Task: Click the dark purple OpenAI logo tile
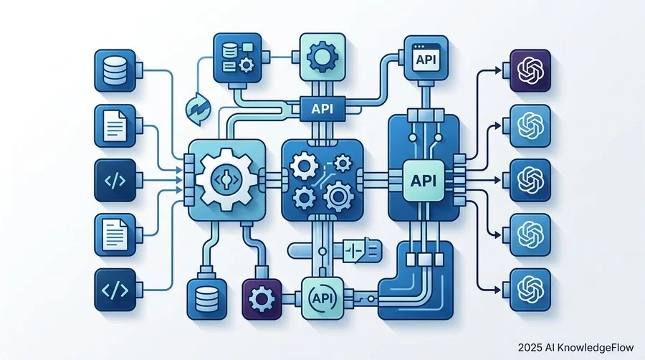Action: click(530, 70)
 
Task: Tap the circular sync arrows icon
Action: click(199, 109)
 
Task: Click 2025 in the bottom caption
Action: click(530, 348)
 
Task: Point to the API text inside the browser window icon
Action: click(426, 60)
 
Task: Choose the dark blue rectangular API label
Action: click(322, 108)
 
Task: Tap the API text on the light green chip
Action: click(424, 181)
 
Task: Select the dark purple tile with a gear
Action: click(262, 299)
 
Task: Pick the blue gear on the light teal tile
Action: click(322, 57)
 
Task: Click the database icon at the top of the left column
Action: click(115, 70)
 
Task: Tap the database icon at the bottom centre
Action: click(207, 299)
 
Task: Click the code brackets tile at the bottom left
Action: click(115, 290)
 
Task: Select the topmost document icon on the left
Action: click(115, 125)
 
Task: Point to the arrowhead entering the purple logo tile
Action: click(499, 70)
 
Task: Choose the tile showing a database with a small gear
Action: click(237, 58)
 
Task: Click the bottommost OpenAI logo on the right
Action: click(530, 290)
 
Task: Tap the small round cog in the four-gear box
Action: click(342, 163)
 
